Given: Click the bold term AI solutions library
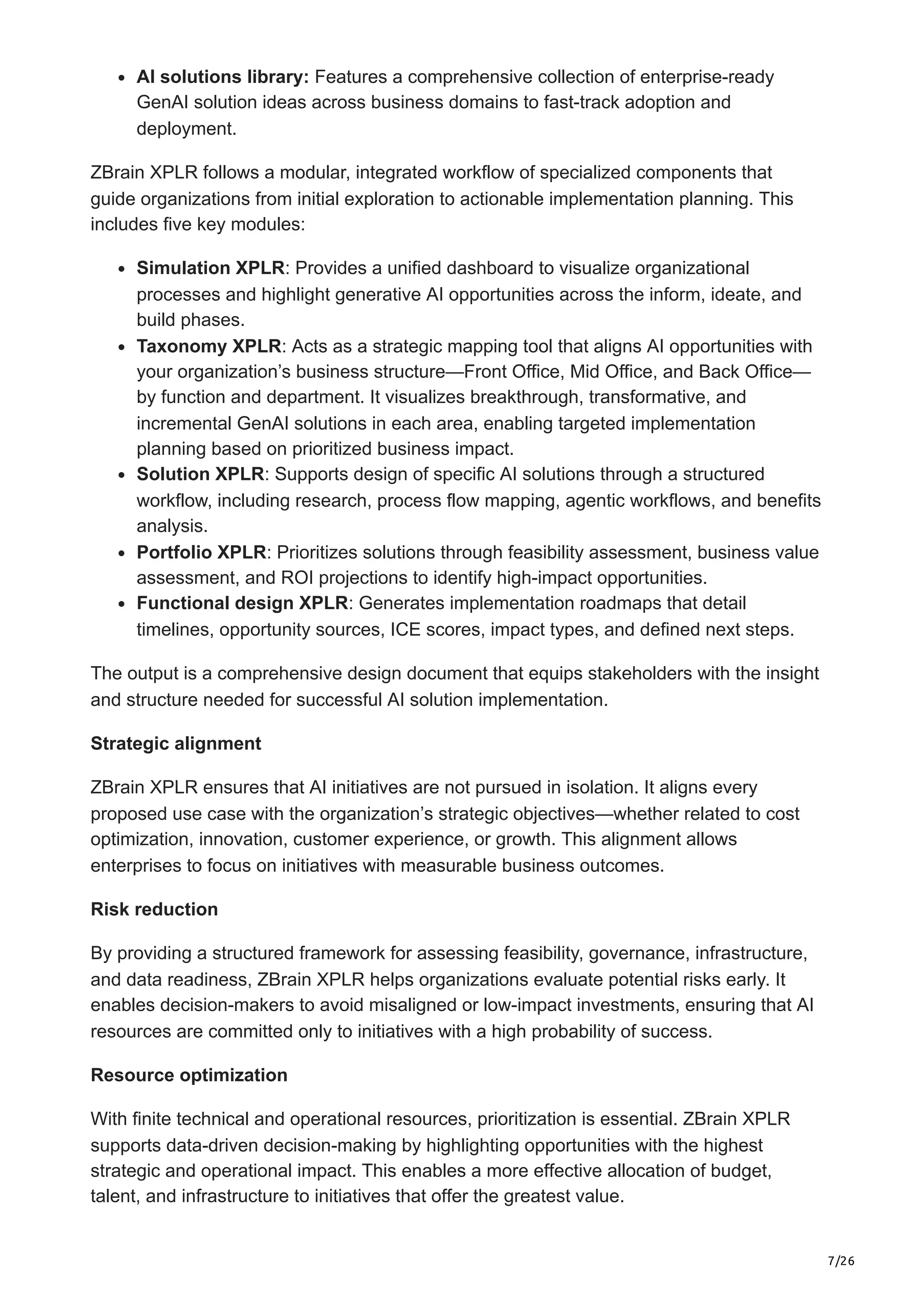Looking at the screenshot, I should click(222, 77).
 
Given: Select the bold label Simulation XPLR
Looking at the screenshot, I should click(210, 268).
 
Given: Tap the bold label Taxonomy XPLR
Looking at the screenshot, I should click(209, 346).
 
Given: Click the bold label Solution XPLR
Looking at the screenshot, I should click(200, 474).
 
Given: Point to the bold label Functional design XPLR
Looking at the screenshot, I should click(243, 603).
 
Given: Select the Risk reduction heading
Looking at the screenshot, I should click(154, 909).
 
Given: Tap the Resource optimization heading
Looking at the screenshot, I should click(189, 1075).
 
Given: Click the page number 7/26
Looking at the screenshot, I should click(841, 1245).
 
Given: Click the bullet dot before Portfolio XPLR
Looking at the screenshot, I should click(122, 554).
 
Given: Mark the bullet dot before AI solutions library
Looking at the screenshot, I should click(122, 78).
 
